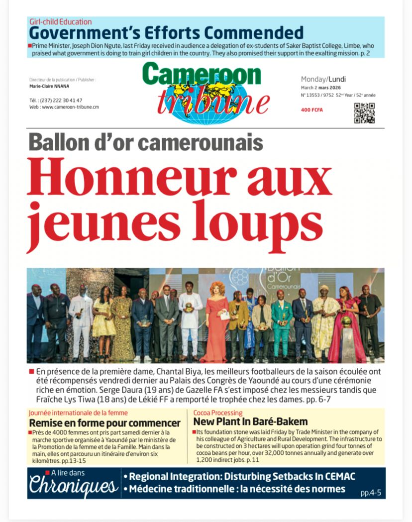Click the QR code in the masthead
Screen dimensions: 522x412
[x=364, y=113]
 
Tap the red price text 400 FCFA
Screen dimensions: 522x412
[x=312, y=110]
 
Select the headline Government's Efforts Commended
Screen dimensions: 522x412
[x=166, y=33]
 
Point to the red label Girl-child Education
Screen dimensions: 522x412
[x=60, y=22]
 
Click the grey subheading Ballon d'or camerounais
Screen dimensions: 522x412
[x=146, y=142]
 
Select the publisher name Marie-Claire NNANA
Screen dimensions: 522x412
[x=49, y=86]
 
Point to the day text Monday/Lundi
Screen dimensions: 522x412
[x=323, y=79]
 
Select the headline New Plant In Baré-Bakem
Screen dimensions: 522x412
[x=250, y=422]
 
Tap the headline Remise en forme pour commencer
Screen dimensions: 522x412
[x=104, y=423]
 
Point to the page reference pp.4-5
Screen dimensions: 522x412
[x=371, y=493]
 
